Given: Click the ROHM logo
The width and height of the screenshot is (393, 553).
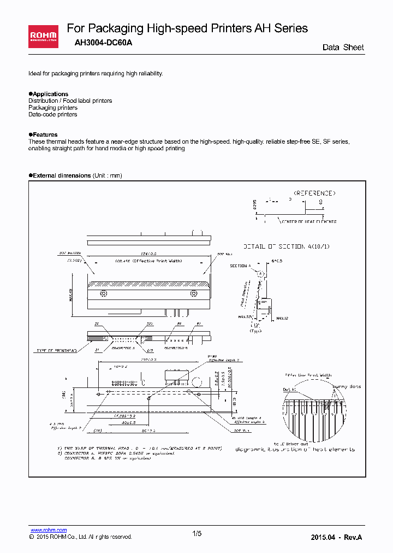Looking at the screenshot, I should [43, 37].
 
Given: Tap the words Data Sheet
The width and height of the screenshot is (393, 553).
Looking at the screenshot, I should [343, 48].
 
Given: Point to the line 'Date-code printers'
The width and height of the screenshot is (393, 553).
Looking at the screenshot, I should [52, 114].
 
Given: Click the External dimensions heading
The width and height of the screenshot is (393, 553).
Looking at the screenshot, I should [62, 175].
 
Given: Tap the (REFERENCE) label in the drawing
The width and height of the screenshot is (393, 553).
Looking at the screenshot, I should [314, 193].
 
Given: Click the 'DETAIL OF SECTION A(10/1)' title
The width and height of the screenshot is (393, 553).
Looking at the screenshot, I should [286, 246].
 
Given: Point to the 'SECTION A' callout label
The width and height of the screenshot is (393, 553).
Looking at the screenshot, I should [239, 266].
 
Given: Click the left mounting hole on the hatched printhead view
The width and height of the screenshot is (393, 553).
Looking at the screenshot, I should [103, 293].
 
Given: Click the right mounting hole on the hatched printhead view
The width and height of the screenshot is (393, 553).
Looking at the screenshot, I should [193, 293].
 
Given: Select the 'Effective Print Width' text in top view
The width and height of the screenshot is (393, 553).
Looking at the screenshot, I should [148, 262].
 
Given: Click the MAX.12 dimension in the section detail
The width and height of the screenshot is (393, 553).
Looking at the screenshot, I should [282, 317].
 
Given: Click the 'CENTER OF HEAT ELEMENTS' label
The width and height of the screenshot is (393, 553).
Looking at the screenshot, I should [309, 221].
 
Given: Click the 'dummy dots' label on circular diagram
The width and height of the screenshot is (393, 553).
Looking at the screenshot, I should [347, 386].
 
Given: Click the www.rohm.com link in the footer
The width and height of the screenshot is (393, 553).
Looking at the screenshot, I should [49, 530].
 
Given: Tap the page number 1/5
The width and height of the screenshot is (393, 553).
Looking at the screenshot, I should [197, 533].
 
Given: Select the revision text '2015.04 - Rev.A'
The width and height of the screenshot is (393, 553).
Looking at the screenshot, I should [336, 537].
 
